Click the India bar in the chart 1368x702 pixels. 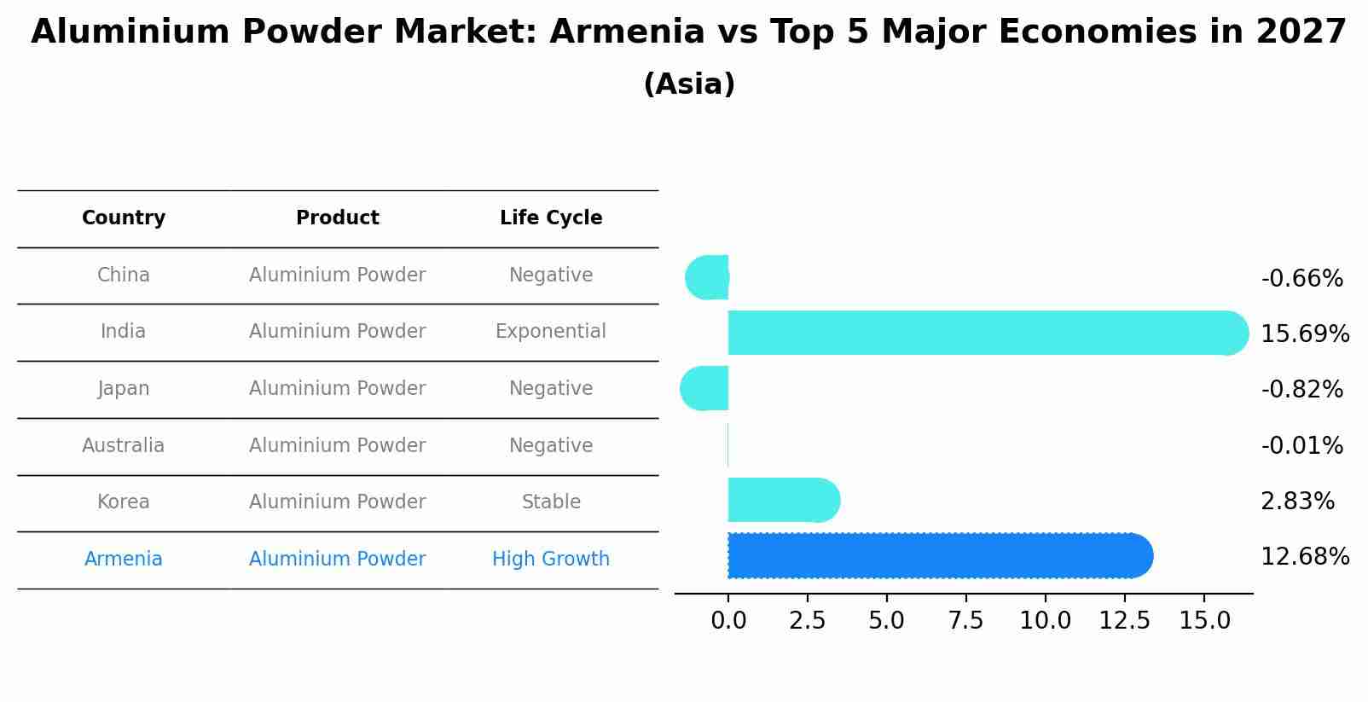[981, 333]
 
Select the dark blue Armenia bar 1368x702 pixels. [938, 556]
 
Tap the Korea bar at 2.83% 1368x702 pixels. [780, 501]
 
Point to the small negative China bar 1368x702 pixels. [708, 277]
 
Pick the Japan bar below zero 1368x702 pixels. [705, 389]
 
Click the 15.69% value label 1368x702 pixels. [1304, 334]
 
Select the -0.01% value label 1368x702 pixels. [1301, 446]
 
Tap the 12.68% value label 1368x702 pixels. [1304, 557]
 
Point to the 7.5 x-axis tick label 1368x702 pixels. [965, 621]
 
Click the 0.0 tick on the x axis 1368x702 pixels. [728, 621]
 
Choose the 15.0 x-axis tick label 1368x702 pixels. [1204, 621]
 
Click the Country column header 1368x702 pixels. [124, 218]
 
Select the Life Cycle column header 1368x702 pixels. [551, 218]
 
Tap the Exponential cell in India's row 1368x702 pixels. [551, 332]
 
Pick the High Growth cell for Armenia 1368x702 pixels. [551, 560]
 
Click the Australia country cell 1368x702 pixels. [124, 446]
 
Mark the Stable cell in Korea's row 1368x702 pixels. [551, 502]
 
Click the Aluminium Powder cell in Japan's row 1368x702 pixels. [337, 389]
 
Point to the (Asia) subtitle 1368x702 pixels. [689, 84]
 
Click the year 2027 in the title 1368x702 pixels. [1301, 32]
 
